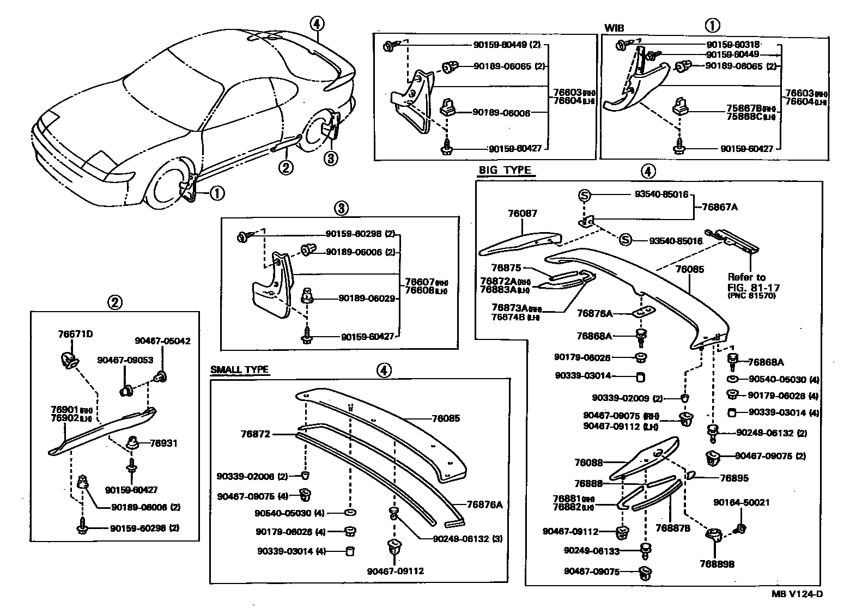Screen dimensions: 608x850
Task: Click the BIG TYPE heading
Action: click(x=505, y=171)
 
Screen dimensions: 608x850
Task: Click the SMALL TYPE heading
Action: click(x=239, y=370)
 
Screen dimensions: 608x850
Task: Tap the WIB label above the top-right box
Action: click(x=614, y=28)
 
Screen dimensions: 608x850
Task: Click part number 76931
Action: click(x=165, y=443)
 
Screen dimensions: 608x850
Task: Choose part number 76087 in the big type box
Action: click(x=522, y=214)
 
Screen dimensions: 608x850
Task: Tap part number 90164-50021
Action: click(x=742, y=502)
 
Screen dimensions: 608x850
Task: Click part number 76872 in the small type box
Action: click(x=256, y=434)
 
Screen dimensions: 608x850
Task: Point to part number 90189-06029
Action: click(x=366, y=299)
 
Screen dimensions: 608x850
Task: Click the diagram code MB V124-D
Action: click(x=797, y=594)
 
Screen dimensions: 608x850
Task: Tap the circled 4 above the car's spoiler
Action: click(x=317, y=23)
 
